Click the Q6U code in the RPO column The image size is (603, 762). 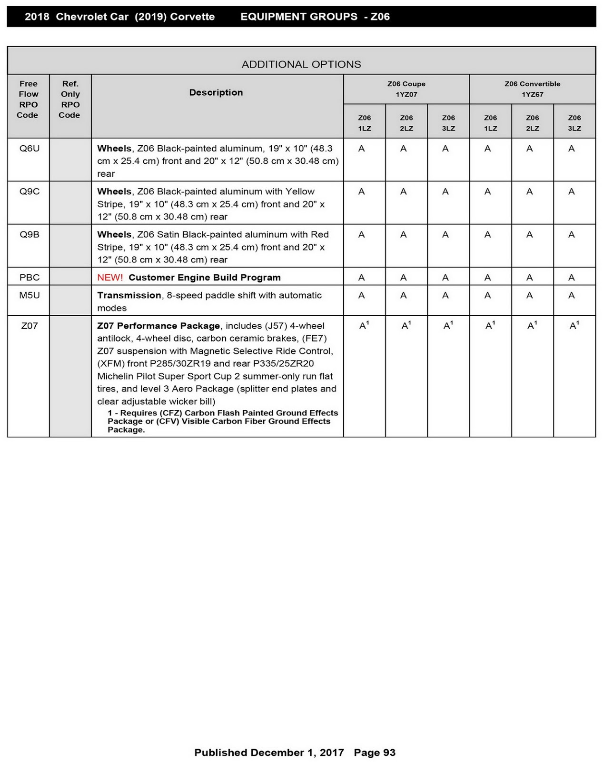(29, 149)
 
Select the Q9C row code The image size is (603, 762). (29, 191)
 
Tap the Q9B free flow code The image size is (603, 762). (29, 234)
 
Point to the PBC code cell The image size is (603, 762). (29, 278)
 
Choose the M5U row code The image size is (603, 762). (29, 295)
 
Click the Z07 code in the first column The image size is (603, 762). (29, 326)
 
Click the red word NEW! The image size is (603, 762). (110, 278)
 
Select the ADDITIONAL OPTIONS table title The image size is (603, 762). (301, 64)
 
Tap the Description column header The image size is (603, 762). (216, 92)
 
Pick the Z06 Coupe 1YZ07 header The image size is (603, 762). (406, 89)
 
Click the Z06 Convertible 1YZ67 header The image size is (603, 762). (532, 89)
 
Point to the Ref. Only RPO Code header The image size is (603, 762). (70, 99)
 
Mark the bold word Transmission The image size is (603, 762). (129, 295)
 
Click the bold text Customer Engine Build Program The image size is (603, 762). (205, 278)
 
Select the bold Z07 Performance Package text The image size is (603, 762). (158, 326)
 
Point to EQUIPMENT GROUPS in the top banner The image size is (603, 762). (299, 17)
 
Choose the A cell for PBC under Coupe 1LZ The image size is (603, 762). (362, 278)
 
